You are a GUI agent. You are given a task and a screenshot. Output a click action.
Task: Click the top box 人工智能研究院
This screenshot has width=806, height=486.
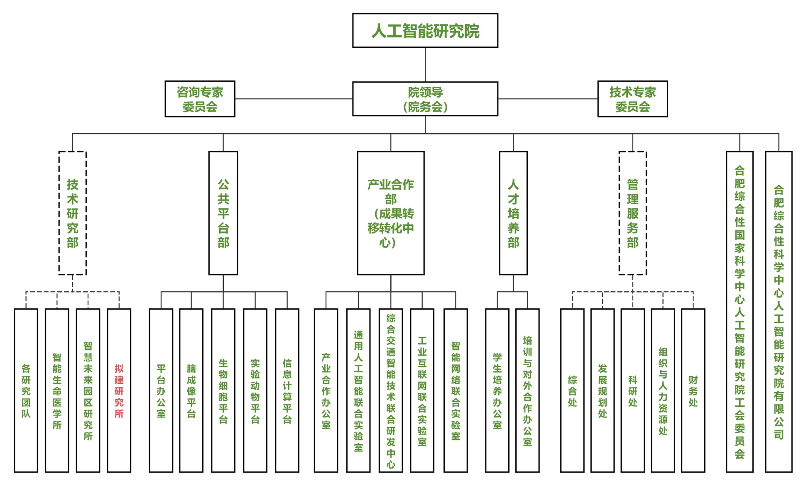[425, 30]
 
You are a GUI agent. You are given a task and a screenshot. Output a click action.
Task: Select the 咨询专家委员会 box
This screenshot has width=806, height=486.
[200, 99]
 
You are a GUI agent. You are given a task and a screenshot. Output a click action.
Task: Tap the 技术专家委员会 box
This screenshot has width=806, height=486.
[632, 99]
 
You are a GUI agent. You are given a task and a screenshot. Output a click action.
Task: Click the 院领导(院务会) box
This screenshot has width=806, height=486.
[425, 99]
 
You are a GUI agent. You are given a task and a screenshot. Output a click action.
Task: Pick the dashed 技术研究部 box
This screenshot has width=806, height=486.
[72, 213]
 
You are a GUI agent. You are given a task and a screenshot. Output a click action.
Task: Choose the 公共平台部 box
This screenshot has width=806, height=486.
[223, 213]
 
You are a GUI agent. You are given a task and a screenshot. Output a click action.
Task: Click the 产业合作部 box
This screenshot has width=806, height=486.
[390, 213]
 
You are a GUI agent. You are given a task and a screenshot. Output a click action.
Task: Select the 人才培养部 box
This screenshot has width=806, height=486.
[513, 213]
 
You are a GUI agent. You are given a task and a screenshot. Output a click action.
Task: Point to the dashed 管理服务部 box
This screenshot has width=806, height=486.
[632, 213]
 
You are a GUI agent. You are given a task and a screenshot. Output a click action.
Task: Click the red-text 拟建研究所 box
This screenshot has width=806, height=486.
[119, 390]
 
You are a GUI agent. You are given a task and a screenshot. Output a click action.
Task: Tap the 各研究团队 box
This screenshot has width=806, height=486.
[26, 390]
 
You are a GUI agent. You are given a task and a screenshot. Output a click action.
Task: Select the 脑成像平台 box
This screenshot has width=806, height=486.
[191, 390]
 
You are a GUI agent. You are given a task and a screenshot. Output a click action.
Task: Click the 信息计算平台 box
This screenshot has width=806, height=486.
[287, 390]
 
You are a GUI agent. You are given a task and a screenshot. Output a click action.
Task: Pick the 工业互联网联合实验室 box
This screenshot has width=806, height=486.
[422, 390]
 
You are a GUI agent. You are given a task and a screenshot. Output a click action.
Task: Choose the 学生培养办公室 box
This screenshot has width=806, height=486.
[497, 390]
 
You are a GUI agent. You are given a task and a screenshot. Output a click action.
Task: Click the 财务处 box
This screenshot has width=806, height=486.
[693, 390]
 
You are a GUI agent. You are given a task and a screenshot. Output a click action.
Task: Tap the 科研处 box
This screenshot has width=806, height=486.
[632, 390]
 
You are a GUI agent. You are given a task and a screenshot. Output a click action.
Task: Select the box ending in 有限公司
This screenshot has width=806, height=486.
[778, 311]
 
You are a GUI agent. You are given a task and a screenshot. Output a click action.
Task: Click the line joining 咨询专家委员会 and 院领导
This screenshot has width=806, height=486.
[293, 99]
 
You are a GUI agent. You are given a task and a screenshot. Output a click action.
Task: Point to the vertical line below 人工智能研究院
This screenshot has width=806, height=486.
[425, 64]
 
